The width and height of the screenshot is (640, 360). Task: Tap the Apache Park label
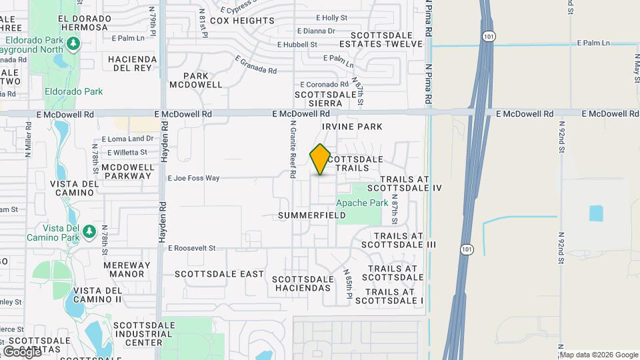pyautogui.click(x=362, y=203)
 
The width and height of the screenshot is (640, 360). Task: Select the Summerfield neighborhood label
pyautogui.click(x=312, y=215)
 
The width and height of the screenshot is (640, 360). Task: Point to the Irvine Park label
pyautogui.click(x=352, y=126)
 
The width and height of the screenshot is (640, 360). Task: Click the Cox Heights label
pyautogui.click(x=242, y=21)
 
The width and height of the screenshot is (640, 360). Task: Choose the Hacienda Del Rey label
pyautogui.click(x=133, y=63)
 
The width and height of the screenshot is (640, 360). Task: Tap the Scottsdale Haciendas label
pyautogui.click(x=301, y=283)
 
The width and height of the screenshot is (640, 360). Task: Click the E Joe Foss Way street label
pyautogui.click(x=193, y=178)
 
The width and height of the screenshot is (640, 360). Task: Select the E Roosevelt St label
pyautogui.click(x=192, y=248)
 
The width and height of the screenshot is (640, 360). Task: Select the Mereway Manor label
pyautogui.click(x=123, y=269)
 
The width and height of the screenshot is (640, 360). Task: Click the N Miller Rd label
pyautogui.click(x=29, y=139)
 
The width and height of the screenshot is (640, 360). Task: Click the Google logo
pyautogui.click(x=22, y=351)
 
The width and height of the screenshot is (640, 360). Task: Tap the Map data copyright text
pyautogui.click(x=598, y=355)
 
